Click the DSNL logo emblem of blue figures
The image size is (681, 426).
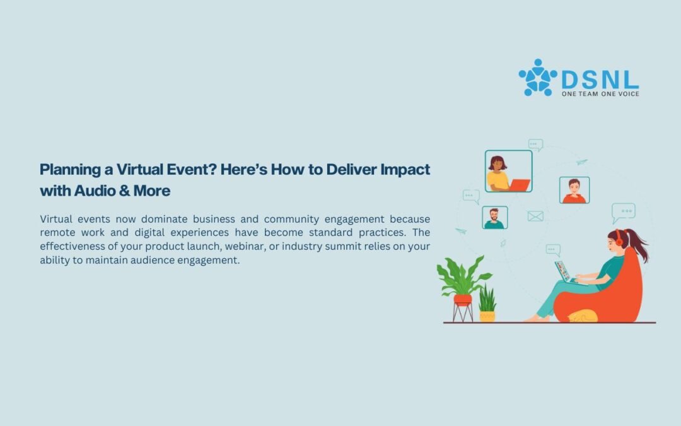click(538, 78)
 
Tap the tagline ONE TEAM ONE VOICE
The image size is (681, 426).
click(600, 94)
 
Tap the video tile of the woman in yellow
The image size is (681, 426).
click(509, 171)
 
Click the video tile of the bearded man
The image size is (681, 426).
click(495, 217)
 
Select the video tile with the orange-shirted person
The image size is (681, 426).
click(574, 190)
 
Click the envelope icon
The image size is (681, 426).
click(535, 216)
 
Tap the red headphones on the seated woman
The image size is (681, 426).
click(619, 238)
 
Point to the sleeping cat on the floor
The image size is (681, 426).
click(583, 316)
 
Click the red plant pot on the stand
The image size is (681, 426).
click(463, 300)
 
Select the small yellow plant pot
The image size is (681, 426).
click(487, 316)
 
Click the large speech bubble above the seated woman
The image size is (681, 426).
click(623, 212)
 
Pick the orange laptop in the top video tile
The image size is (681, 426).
click(520, 185)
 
